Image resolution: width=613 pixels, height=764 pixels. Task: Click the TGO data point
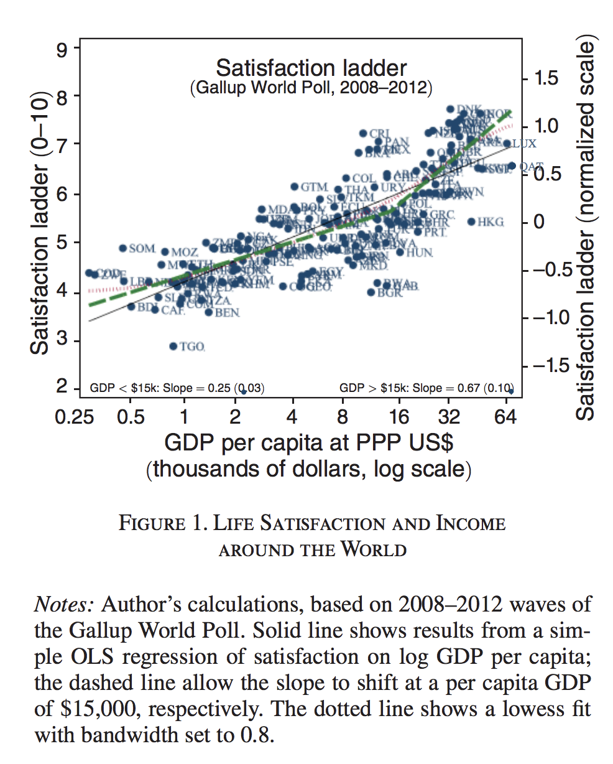173,346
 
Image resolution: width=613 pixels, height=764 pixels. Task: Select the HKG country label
491,222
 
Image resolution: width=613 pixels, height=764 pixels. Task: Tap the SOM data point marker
123,248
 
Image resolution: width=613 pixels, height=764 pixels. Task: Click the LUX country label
523,144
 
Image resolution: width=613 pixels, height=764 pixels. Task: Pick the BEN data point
209,312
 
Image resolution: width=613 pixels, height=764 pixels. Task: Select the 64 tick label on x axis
507,416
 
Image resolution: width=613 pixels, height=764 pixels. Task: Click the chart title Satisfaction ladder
311,68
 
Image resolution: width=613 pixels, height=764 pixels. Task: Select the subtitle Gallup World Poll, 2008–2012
311,87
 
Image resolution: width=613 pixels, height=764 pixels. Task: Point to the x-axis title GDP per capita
308,442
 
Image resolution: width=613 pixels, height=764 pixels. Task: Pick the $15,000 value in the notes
93,709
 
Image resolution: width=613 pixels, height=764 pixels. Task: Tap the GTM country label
314,187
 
